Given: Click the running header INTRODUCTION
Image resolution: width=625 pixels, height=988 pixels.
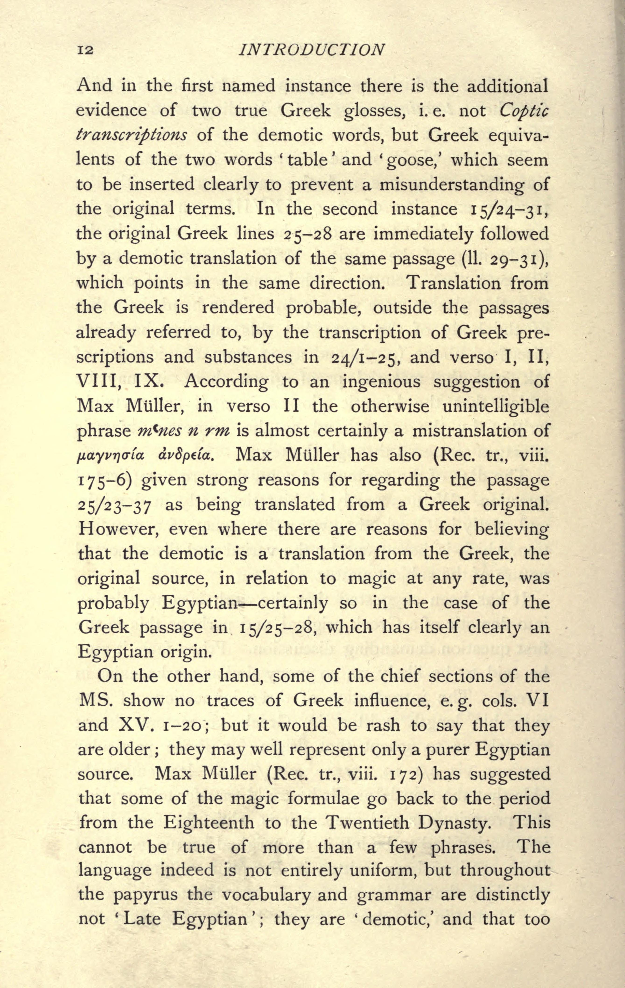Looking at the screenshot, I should pos(312,50).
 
